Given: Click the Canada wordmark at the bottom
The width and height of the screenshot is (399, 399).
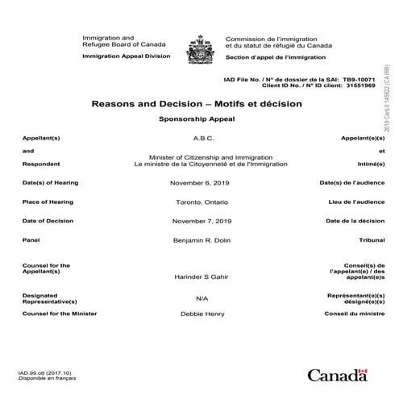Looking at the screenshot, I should (336, 374).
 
